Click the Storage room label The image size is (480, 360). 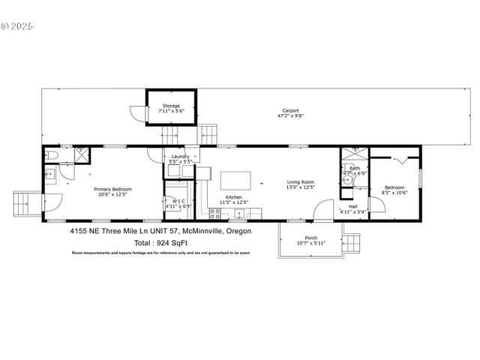[170, 106]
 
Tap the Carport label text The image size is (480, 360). [289, 110]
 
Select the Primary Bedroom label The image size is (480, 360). [112, 189]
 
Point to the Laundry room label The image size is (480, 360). [180, 156]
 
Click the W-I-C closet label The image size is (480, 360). [178, 200]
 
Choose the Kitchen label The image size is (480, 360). [232, 197]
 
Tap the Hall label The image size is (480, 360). [352, 206]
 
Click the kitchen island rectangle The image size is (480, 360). [235, 181]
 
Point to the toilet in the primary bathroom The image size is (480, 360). [49, 155]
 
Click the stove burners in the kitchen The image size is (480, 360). [215, 213]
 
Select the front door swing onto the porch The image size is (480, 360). [324, 210]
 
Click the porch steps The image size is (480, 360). [350, 245]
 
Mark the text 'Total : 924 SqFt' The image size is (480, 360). [160, 243]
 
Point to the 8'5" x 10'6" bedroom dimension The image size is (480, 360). [394, 192]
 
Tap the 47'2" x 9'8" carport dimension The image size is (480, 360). [289, 115]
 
